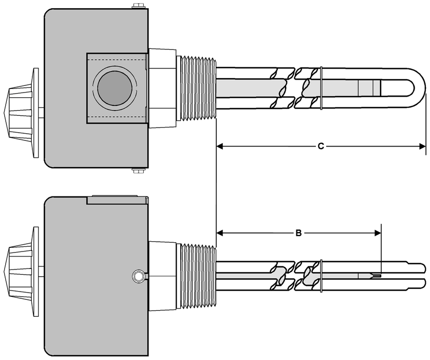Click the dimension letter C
[x=321, y=147]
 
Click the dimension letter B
[x=298, y=233]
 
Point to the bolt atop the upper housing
[x=137, y=6]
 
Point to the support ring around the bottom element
[x=320, y=277]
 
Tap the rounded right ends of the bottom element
[x=420, y=276]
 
